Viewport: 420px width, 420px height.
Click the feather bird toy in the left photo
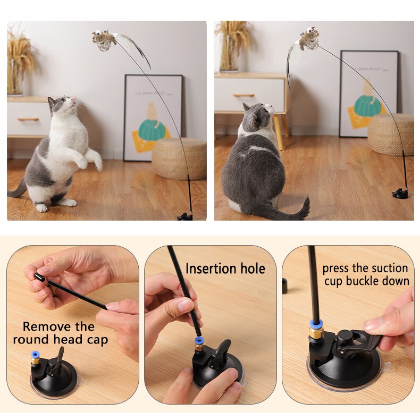104,39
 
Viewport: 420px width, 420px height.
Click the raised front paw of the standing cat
81,162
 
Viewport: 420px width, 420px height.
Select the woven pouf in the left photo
179,158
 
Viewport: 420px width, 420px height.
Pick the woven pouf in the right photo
390,134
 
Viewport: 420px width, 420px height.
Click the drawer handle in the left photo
28,119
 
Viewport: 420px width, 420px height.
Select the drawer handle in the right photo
243,96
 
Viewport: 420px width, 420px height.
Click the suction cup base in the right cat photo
400,194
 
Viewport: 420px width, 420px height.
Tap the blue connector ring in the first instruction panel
35,354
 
